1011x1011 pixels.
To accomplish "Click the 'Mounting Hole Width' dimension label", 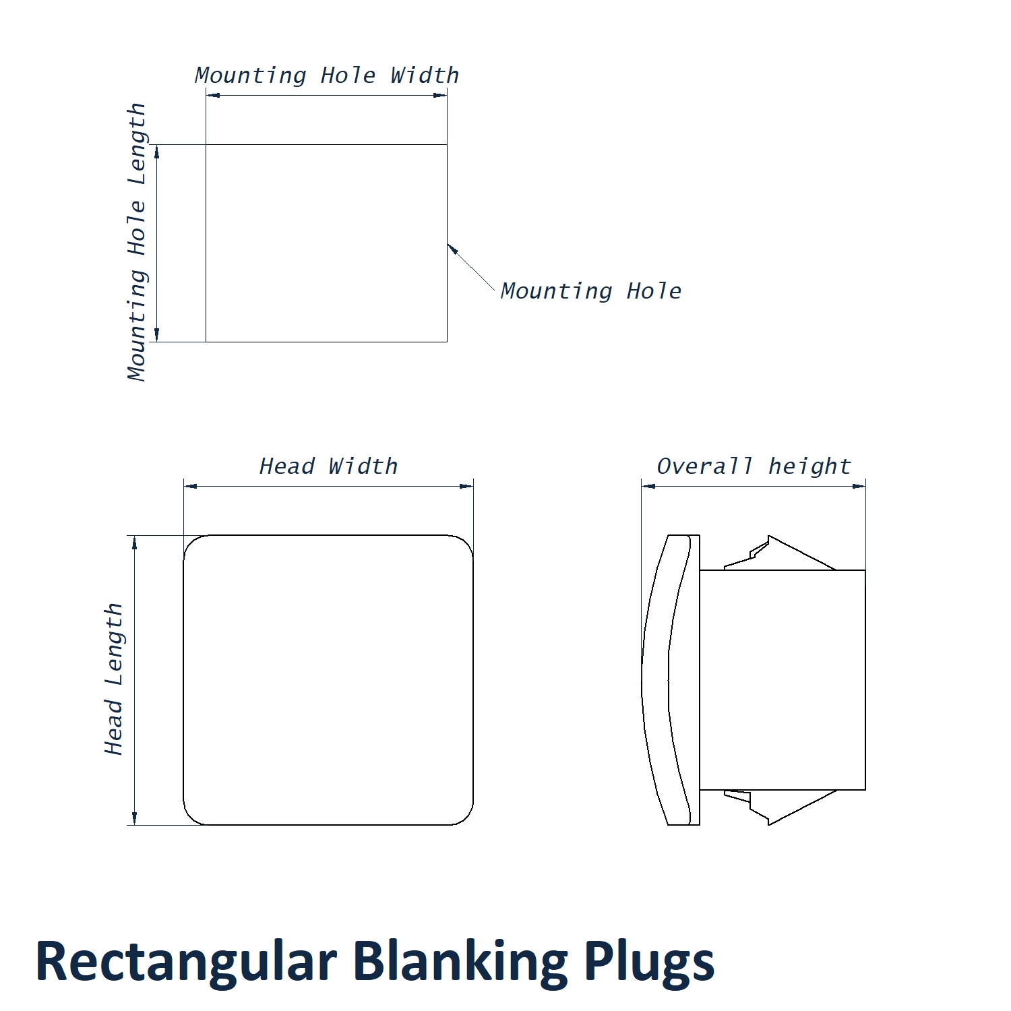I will (327, 75).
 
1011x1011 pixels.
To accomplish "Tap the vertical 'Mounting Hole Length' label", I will (137, 242).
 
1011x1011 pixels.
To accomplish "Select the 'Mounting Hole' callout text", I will (590, 291).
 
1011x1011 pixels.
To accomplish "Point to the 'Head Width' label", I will (328, 466).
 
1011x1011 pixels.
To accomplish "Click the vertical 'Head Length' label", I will (114, 679).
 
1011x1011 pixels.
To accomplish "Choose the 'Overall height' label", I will (754, 466).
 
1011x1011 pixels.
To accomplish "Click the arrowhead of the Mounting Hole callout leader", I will (452, 249).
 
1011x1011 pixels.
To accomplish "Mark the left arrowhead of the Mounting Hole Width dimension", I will (212, 95).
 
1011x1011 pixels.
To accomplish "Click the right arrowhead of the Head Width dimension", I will (466, 486).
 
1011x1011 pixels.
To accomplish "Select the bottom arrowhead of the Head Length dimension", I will (135, 818).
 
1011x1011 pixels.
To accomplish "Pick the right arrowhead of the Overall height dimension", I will (859, 486).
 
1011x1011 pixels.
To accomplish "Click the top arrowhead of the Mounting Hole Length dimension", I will (157, 151).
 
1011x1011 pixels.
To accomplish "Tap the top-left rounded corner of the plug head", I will (191, 543).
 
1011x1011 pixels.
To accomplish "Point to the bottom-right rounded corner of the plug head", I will (466, 817).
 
